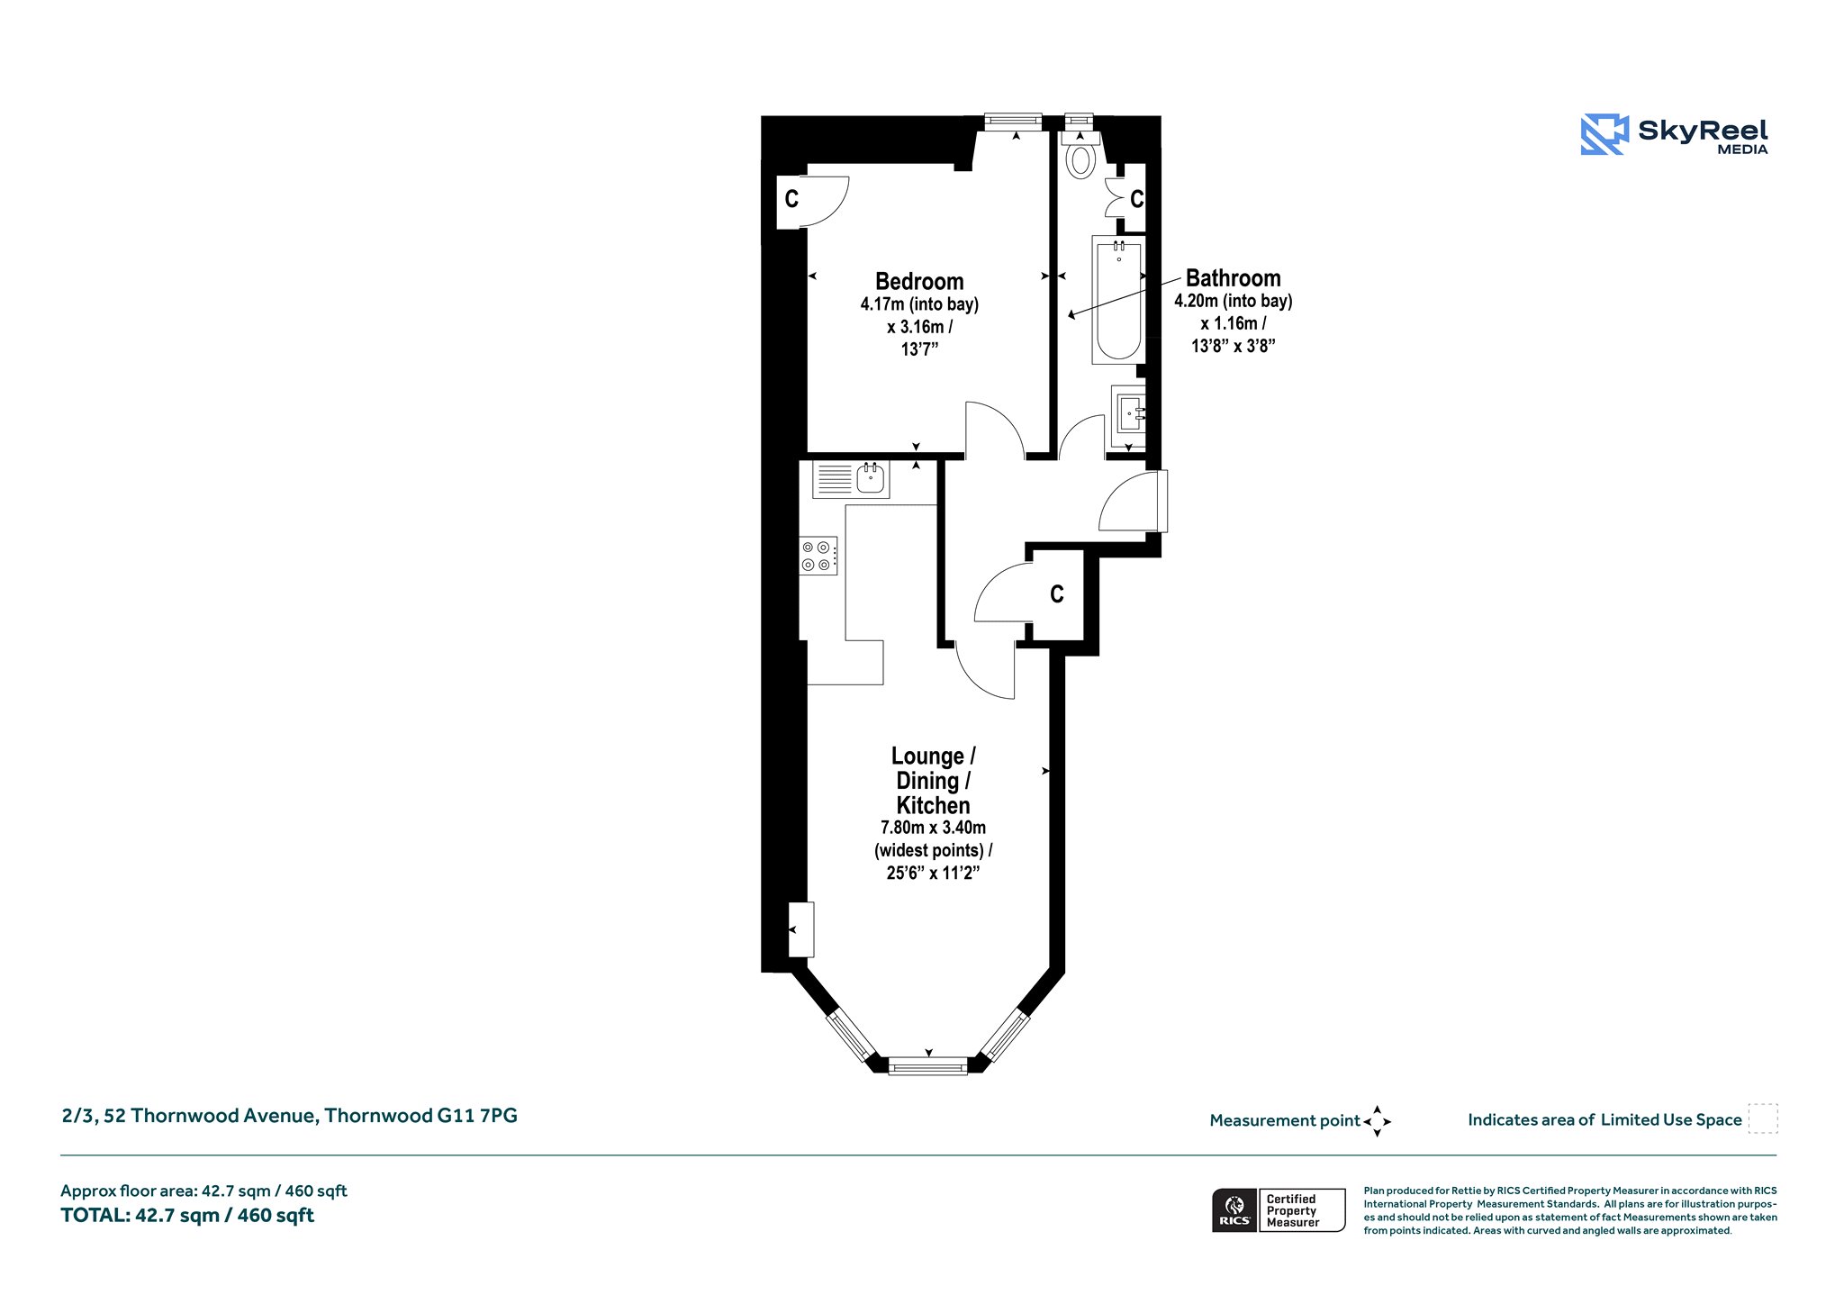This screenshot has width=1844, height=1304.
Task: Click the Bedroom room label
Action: click(x=919, y=281)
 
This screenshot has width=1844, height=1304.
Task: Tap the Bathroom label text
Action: click(x=1233, y=277)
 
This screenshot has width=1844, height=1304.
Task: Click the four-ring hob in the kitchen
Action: click(x=818, y=555)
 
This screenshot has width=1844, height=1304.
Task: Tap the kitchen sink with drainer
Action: click(x=851, y=479)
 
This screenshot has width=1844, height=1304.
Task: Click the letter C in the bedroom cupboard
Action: click(x=791, y=199)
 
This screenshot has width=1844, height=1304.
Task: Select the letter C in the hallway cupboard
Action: click(x=1057, y=594)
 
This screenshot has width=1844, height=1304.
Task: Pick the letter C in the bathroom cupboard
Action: click(x=1136, y=199)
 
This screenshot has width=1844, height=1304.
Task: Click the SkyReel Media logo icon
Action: click(x=1604, y=134)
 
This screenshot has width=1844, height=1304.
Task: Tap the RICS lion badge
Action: click(x=1235, y=1210)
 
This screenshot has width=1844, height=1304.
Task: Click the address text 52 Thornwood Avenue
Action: click(x=211, y=1116)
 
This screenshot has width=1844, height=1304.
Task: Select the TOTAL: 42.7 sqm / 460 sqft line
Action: click(x=187, y=1215)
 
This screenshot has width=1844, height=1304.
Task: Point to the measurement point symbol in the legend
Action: click(x=1377, y=1121)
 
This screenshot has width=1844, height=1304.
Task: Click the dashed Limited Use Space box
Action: click(x=1763, y=1118)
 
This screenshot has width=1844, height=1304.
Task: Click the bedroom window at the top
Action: click(x=1013, y=121)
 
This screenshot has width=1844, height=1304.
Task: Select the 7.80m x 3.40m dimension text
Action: click(x=933, y=828)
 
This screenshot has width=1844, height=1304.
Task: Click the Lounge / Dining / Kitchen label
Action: click(x=933, y=781)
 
